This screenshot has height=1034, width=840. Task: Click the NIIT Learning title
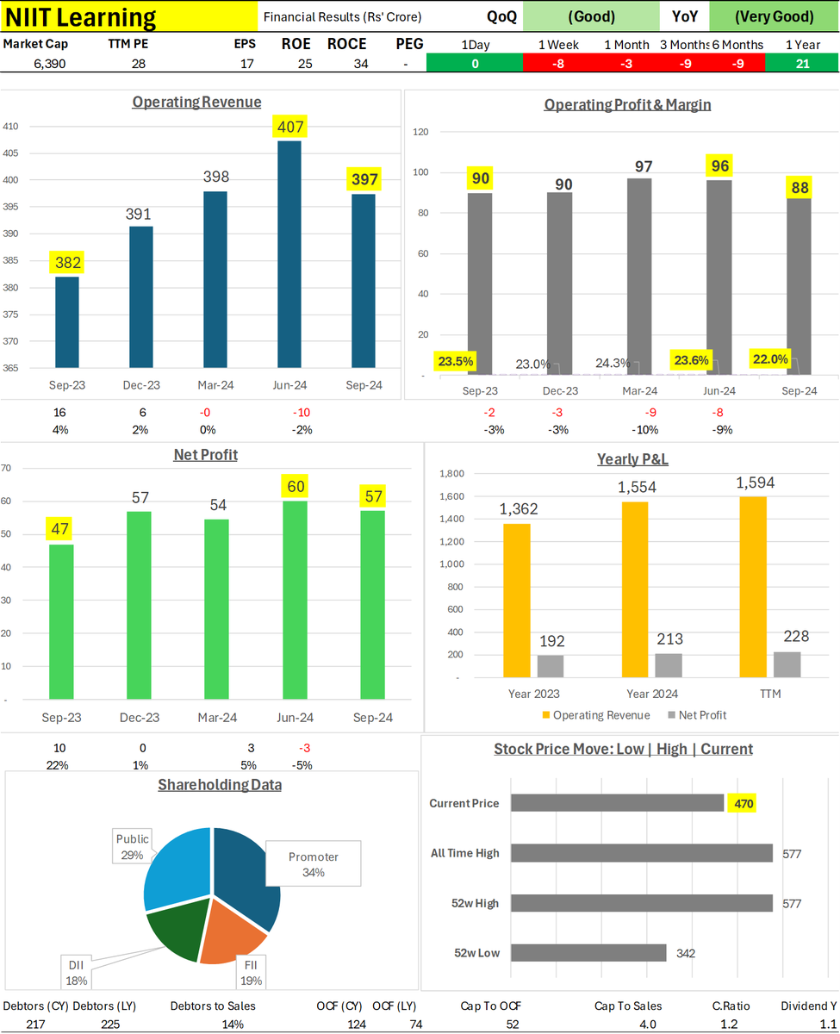(82, 17)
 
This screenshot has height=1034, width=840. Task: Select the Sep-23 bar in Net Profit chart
(61, 620)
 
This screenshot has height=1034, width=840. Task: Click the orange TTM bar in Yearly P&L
(752, 586)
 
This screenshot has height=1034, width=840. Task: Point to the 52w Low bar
(588, 953)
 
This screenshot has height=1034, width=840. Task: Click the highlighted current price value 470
(743, 803)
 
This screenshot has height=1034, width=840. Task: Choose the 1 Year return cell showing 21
(801, 63)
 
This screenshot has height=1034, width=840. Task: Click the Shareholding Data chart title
(220, 784)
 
